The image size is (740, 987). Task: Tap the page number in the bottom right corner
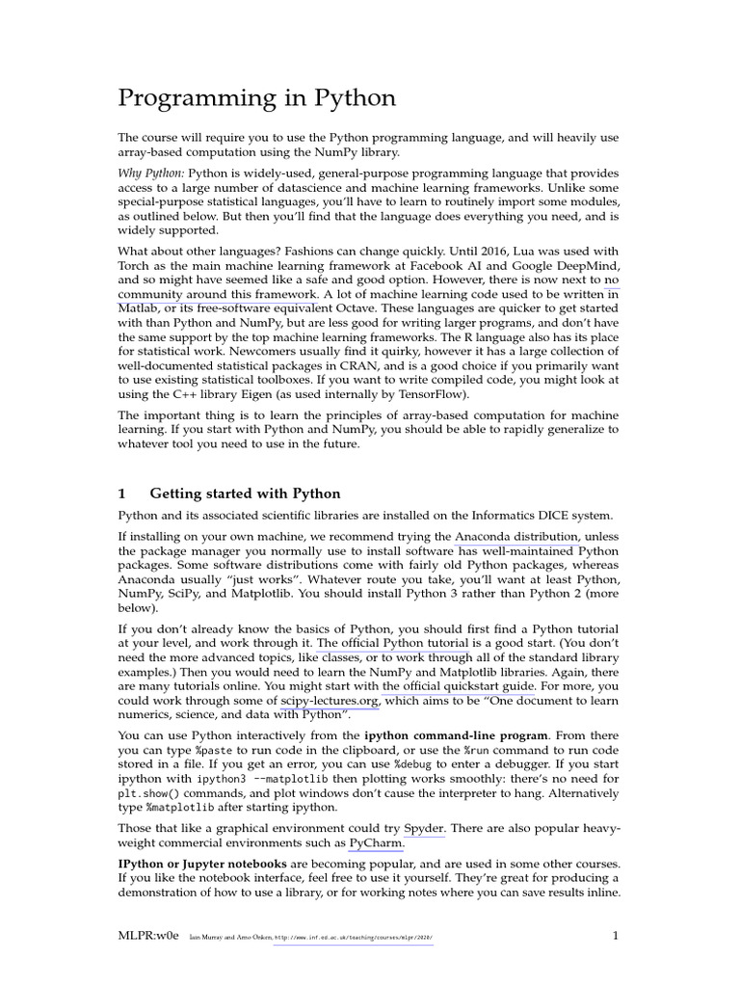tap(616, 935)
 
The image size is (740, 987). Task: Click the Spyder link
tap(424, 827)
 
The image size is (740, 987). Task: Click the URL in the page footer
tap(354, 937)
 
